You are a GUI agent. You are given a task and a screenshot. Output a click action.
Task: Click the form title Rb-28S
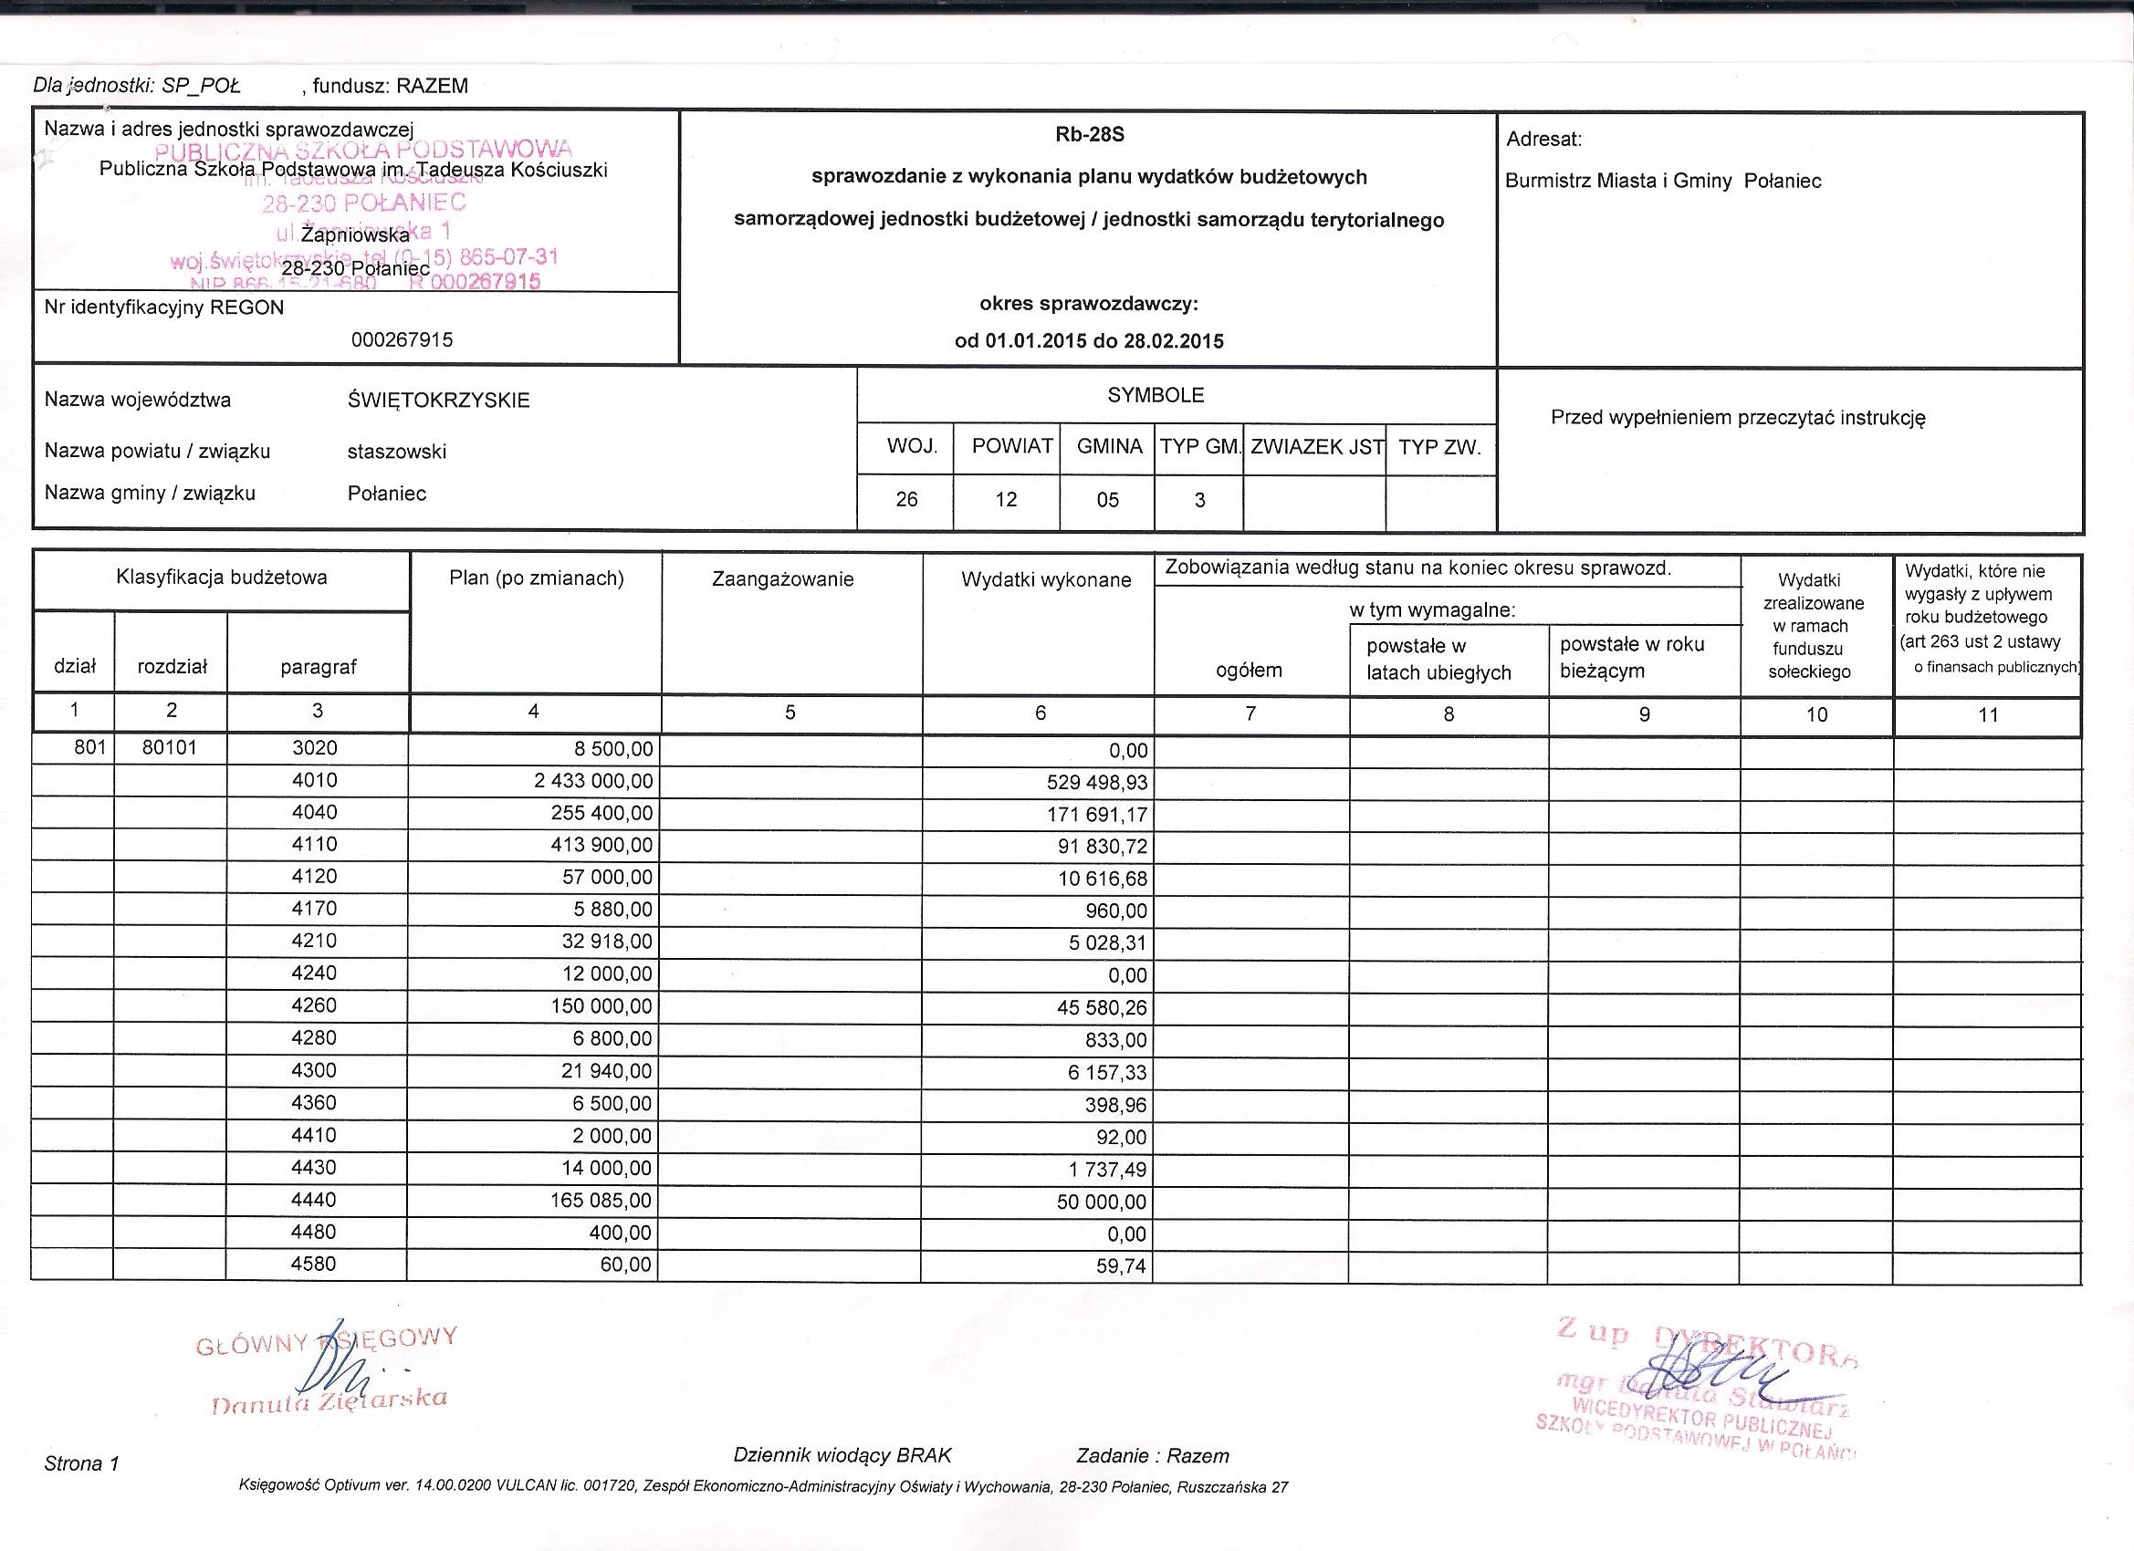[x=1090, y=135]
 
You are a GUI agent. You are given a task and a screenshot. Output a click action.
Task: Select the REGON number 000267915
[x=402, y=339]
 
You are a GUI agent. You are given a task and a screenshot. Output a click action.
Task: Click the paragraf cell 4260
[x=314, y=1005]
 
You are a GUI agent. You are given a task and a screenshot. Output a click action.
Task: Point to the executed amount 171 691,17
[x=1096, y=815]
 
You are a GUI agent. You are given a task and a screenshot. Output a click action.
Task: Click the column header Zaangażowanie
[x=783, y=579]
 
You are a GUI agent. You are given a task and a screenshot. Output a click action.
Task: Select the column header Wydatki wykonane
[x=1045, y=580]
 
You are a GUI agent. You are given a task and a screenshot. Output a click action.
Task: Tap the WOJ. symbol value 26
[x=906, y=499]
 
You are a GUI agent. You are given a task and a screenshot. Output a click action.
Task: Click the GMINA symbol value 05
[x=1107, y=499]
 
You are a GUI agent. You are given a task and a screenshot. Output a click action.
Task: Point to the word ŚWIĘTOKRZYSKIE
[x=438, y=401]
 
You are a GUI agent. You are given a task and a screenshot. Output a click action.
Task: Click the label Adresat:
[x=1544, y=140]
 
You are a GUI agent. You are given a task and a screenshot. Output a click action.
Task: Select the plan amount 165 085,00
[x=601, y=1201]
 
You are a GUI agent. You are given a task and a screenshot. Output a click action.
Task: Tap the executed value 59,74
[x=1122, y=1267]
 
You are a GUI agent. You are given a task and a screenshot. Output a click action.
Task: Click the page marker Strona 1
[x=82, y=1463]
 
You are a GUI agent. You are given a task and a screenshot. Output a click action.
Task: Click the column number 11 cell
[x=1987, y=715]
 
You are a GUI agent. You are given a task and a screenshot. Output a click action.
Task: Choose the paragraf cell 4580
[x=314, y=1264]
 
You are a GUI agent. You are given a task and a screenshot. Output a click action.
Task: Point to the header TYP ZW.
[x=1438, y=448]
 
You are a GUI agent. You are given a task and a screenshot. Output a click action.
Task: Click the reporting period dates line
[x=1089, y=341]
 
